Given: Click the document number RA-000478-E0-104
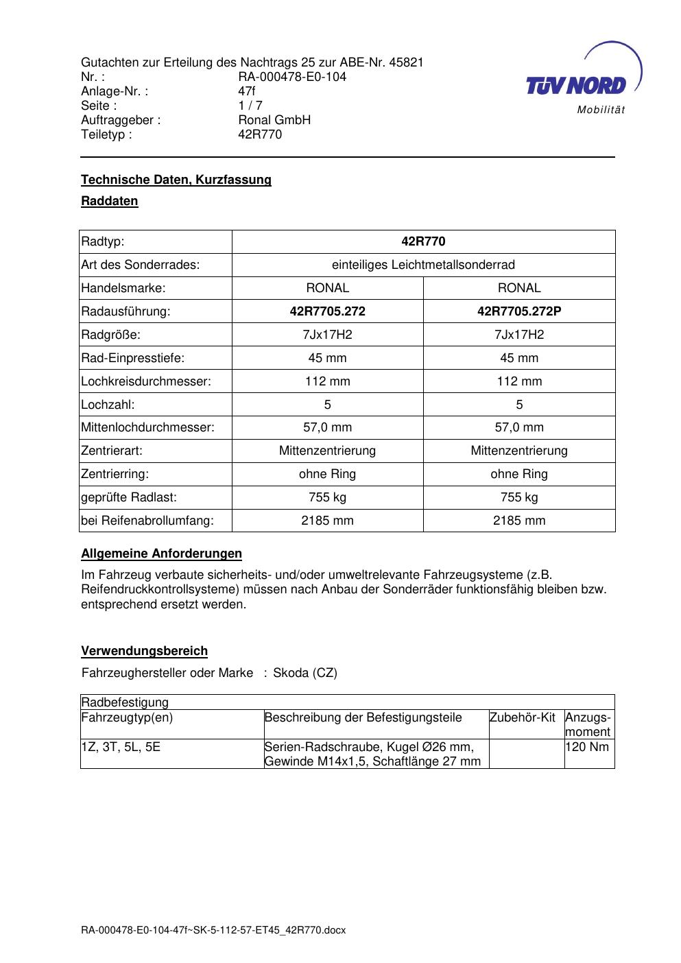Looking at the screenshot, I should tap(292, 77).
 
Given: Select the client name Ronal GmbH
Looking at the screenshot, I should tap(274, 120).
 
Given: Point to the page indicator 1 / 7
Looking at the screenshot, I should tap(250, 106).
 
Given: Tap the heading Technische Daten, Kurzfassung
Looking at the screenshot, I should tap(176, 180).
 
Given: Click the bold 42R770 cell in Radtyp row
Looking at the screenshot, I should tap(423, 241).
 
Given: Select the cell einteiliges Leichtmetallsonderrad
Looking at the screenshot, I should tap(423, 265).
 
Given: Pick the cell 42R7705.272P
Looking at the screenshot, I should tap(519, 311).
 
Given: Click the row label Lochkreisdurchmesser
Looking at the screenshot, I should tap(146, 381).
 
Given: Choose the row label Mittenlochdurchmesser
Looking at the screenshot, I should tap(147, 427).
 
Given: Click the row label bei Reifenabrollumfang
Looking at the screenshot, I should tap(147, 521).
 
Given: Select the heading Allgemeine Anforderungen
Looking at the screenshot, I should tap(161, 554).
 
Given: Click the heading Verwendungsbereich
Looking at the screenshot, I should tap(144, 651).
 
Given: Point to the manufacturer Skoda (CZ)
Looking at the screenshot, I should tap(305, 673).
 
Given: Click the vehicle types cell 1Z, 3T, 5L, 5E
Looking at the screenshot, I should tap(121, 747).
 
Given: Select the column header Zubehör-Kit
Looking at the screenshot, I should tap(523, 717).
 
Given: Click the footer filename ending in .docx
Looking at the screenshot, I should tap(213, 931).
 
